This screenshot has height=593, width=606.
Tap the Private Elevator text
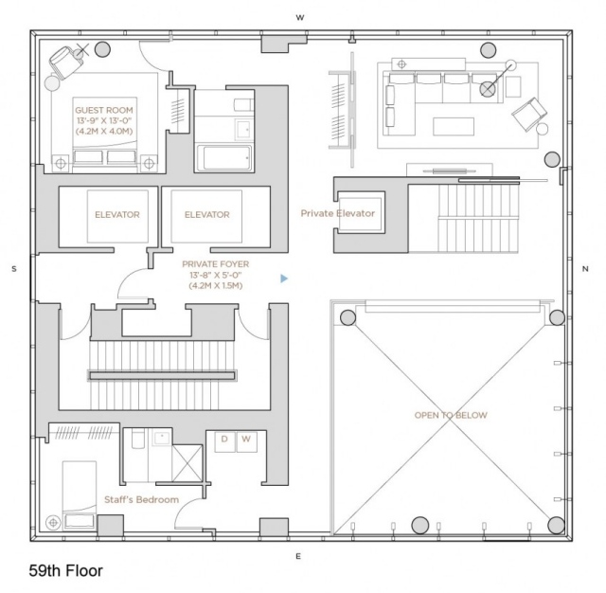click(x=337, y=213)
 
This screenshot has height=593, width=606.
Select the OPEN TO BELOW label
click(x=443, y=415)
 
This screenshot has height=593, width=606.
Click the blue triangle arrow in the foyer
click(x=283, y=279)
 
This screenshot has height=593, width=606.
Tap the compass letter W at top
click(x=300, y=17)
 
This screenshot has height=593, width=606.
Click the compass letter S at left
click(x=13, y=269)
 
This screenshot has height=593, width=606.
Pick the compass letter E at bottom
click(x=297, y=556)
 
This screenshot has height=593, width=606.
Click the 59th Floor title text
click(x=65, y=571)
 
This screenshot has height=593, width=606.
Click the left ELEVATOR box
click(x=117, y=215)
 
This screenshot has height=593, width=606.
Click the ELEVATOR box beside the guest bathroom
click(x=207, y=215)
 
